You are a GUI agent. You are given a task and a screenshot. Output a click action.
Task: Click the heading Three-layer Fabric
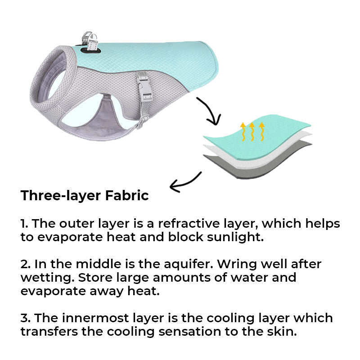coord(85,196)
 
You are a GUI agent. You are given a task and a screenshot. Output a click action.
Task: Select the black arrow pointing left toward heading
coord(184,180)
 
